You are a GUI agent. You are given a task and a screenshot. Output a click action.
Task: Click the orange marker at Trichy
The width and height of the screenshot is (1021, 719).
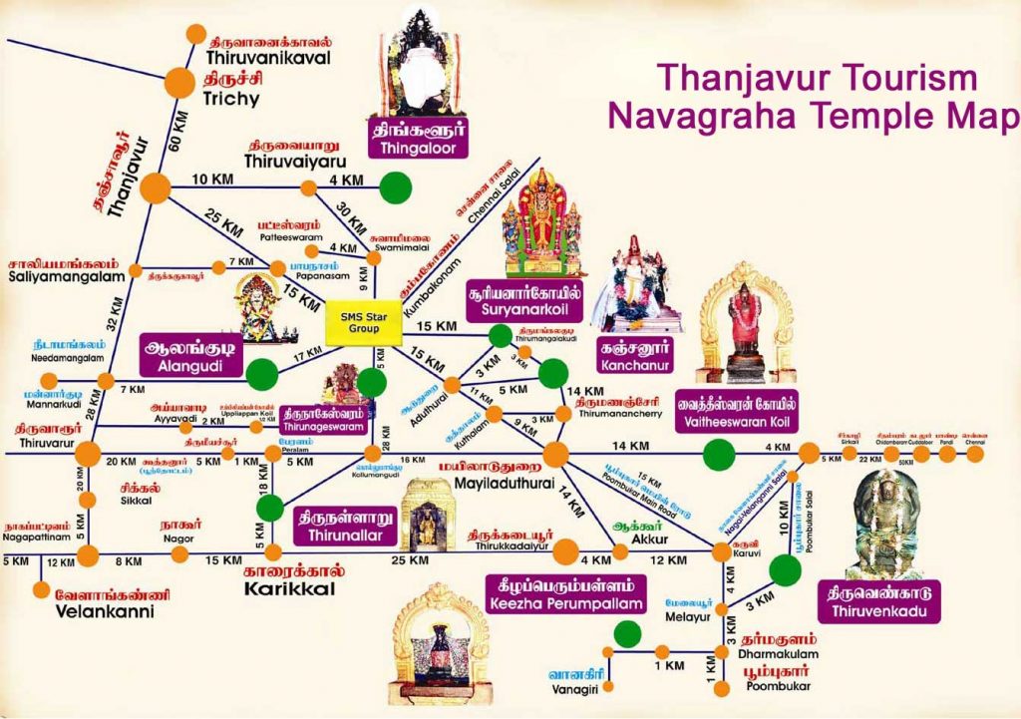click(x=180, y=84)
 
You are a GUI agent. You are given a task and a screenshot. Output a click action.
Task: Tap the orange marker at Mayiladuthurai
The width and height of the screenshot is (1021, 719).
click(x=555, y=455)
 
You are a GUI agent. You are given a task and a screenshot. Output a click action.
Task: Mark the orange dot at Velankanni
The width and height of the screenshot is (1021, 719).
click(x=41, y=588)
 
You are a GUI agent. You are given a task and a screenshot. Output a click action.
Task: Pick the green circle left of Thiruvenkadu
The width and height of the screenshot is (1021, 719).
click(x=786, y=569)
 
